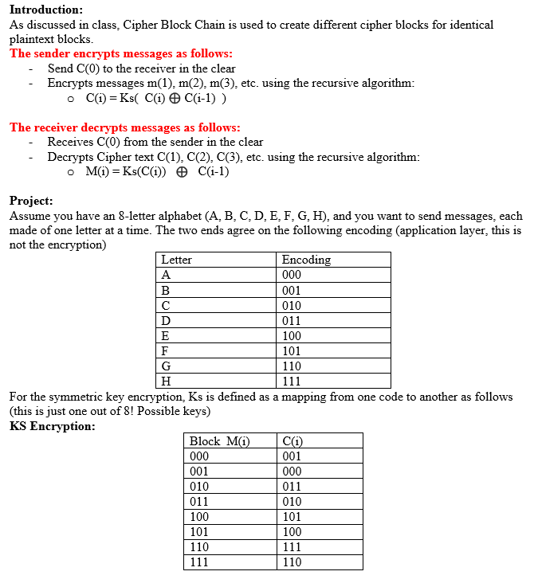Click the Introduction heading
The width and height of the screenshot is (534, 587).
(x=45, y=10)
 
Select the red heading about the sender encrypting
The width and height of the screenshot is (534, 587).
(x=121, y=53)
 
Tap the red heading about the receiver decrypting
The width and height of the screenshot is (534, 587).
(x=124, y=127)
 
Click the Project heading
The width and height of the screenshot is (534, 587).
(x=31, y=201)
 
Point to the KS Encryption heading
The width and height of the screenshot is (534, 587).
(x=52, y=426)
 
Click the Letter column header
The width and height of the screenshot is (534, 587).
(x=176, y=260)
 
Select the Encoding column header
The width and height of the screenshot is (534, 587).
(x=306, y=260)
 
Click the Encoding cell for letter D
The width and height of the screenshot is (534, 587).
(x=292, y=320)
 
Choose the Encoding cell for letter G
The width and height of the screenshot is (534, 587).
(x=292, y=366)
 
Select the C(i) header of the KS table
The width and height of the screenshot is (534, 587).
(x=293, y=441)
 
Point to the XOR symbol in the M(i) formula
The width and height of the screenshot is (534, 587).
(x=182, y=171)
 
